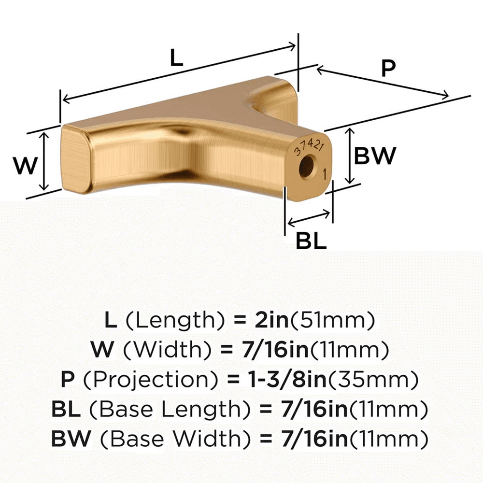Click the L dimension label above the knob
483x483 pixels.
(x=177, y=57)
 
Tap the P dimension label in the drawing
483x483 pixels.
(x=388, y=68)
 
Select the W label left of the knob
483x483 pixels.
(x=25, y=165)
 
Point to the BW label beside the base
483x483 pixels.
(x=375, y=156)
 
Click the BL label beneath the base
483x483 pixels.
(x=311, y=241)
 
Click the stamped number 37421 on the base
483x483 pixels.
(x=309, y=147)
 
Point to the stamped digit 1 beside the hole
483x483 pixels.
(x=325, y=174)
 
